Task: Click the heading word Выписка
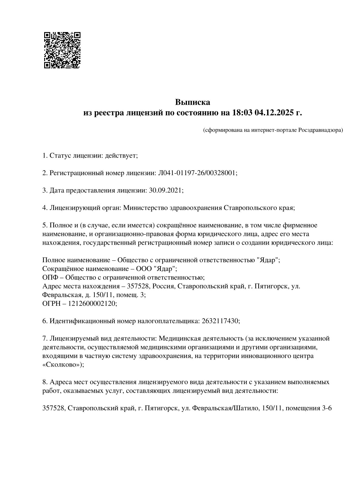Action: coord(192,102)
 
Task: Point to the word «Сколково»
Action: coord(61,364)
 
